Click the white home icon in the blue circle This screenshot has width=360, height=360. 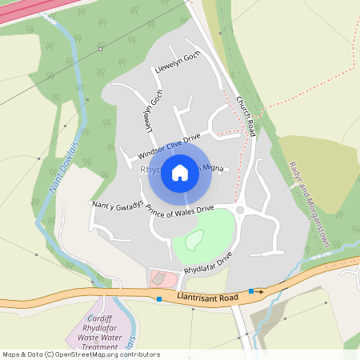click(180, 172)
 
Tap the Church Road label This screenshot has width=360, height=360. click(246, 116)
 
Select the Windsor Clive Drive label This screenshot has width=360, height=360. click(168, 146)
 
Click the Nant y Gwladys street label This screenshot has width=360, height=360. click(118, 205)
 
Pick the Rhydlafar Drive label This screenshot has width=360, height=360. click(207, 263)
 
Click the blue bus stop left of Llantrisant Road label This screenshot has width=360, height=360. click(159, 299)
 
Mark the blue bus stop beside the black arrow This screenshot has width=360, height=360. click(251, 291)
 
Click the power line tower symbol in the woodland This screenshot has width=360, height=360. click(100, 49)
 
